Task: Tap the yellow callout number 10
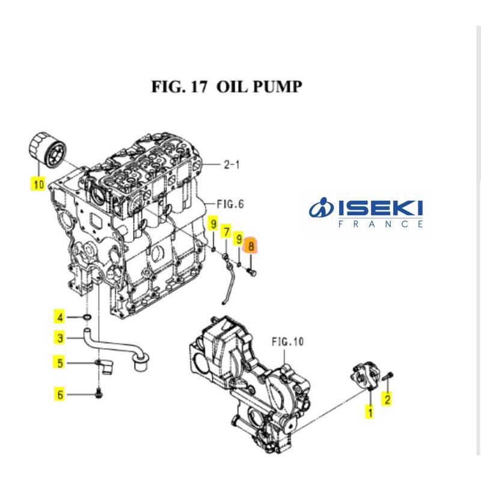point(38,184)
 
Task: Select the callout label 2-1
point(231,164)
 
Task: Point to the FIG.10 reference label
point(287,342)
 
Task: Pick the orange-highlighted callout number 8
point(251,245)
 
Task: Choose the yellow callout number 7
point(226,231)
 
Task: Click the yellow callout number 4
point(60,317)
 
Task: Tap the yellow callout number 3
point(60,339)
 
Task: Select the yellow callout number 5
point(60,363)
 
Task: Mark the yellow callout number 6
point(60,394)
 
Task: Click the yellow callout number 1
point(370,412)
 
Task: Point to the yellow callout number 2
point(388,397)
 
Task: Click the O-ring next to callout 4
point(87,317)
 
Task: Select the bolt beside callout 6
point(99,394)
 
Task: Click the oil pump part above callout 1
point(364,377)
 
